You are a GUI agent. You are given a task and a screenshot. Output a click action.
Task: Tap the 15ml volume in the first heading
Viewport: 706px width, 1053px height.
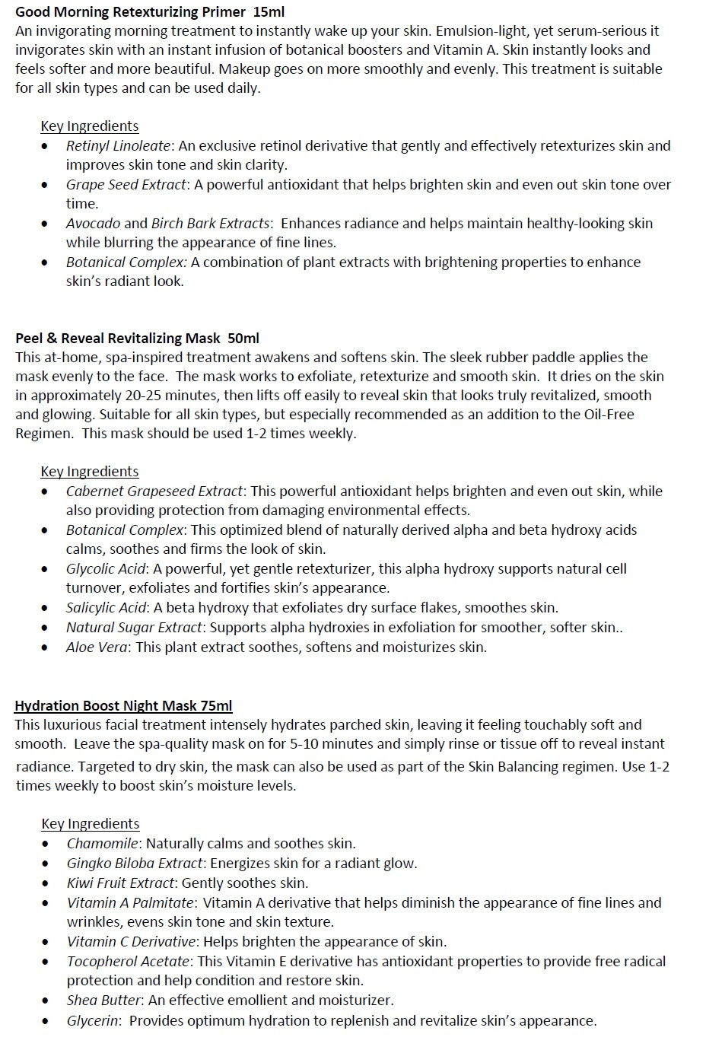click(x=269, y=11)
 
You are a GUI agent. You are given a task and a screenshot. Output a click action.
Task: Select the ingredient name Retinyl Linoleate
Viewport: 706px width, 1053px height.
click(x=118, y=145)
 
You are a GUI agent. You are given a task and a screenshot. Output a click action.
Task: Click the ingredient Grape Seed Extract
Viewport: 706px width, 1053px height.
click(x=126, y=184)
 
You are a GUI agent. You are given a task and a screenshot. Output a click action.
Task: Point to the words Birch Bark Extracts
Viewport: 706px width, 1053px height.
click(x=210, y=223)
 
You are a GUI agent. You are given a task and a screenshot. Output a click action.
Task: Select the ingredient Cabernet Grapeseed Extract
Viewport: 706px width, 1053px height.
click(x=154, y=491)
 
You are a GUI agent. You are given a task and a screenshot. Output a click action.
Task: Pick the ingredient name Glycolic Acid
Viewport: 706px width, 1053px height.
click(x=105, y=568)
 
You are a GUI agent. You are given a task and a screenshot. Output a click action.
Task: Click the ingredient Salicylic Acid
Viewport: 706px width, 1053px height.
click(x=106, y=607)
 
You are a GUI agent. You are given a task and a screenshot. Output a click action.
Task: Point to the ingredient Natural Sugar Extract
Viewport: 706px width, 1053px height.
click(x=134, y=627)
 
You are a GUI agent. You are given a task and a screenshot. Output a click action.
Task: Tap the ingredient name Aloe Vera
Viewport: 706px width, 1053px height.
click(x=97, y=647)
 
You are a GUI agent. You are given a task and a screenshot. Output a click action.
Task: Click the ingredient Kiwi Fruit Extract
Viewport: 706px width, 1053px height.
click(x=121, y=883)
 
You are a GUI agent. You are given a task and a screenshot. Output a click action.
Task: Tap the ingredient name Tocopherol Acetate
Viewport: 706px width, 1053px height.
click(x=128, y=961)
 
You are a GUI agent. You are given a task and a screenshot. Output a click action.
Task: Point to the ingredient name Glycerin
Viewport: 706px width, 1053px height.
click(x=92, y=1020)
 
